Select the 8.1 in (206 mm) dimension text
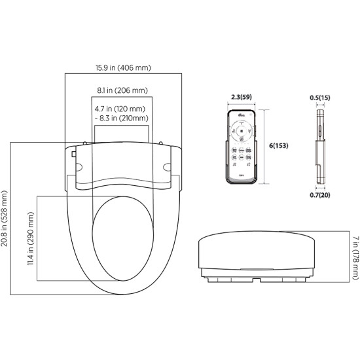click(x=122, y=90)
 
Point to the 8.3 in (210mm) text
click(x=122, y=118)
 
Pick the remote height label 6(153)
click(x=279, y=145)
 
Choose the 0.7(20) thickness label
click(x=320, y=194)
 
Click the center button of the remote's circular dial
click(x=242, y=131)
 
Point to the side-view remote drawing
click(x=320, y=145)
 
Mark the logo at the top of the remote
click(x=242, y=117)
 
